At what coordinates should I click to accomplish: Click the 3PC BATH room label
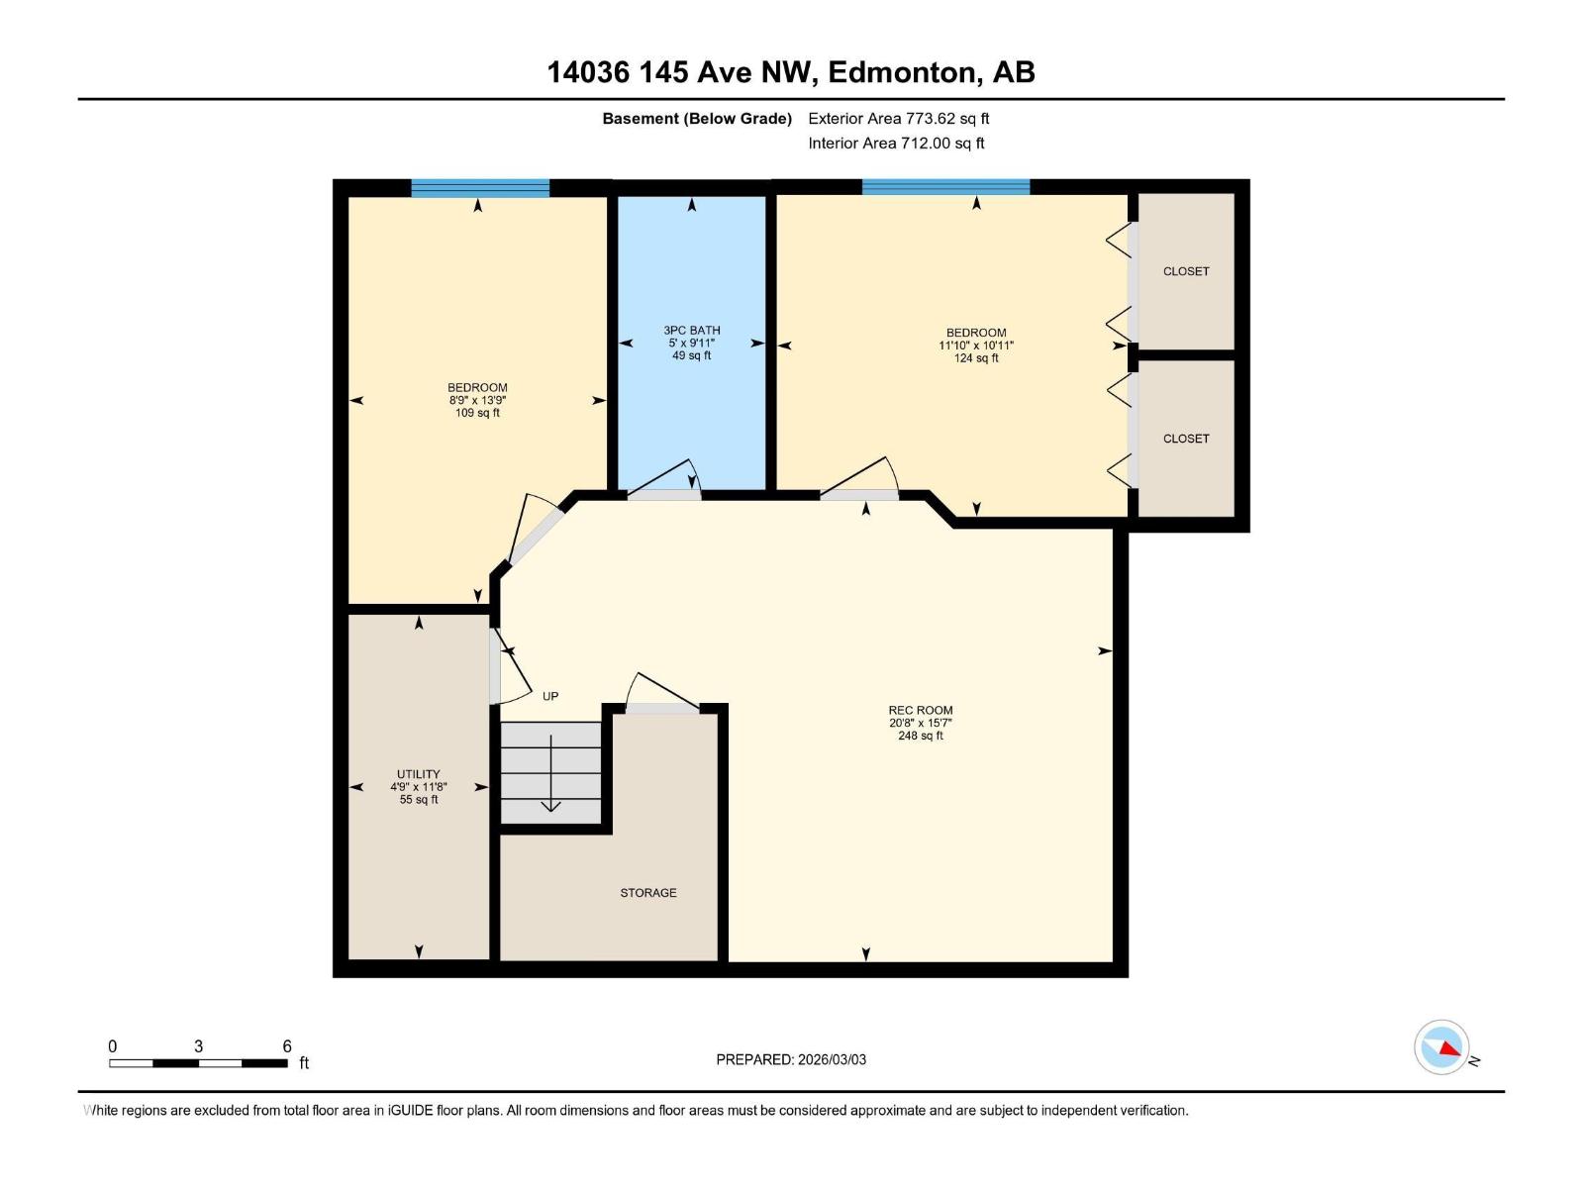tap(692, 331)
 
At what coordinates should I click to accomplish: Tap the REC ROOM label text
tap(921, 710)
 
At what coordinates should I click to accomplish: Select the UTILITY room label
tap(419, 774)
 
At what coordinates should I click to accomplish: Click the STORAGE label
tap(648, 893)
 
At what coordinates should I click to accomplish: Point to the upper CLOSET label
tap(1186, 271)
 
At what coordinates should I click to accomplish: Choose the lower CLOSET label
tap(1186, 439)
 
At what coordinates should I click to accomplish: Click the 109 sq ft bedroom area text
tap(477, 413)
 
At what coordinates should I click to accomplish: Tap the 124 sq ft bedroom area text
tap(976, 358)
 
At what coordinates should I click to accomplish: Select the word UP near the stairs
tap(550, 696)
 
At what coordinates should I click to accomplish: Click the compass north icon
tap(1441, 1047)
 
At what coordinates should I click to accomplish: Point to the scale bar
tap(198, 1063)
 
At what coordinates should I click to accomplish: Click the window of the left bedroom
tap(480, 188)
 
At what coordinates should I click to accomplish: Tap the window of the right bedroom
tap(945, 186)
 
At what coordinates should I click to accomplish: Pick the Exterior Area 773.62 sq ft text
tap(899, 119)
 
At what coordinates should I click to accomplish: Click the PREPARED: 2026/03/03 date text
tap(791, 1059)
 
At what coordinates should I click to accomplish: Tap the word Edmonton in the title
tap(901, 72)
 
